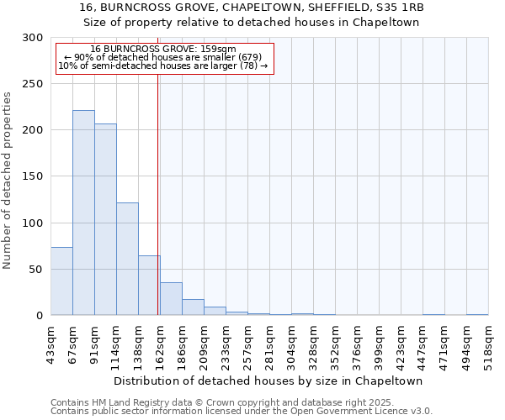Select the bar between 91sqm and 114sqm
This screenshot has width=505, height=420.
tap(105, 219)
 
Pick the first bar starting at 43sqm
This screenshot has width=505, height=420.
tap(61, 281)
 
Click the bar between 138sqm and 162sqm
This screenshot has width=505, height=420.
tap(149, 286)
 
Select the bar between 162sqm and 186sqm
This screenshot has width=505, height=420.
tap(171, 299)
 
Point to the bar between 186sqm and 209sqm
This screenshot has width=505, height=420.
tap(193, 307)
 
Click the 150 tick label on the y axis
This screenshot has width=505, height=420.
tap(33, 176)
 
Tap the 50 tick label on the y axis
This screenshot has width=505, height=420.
tap(36, 270)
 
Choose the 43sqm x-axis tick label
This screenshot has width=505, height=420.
tap(50, 342)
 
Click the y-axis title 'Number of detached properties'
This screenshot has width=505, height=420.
tap(8, 181)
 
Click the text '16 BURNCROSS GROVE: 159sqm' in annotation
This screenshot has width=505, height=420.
tap(163, 50)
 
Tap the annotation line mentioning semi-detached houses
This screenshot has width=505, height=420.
tap(163, 66)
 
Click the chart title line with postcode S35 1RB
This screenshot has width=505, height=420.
tap(252, 8)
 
